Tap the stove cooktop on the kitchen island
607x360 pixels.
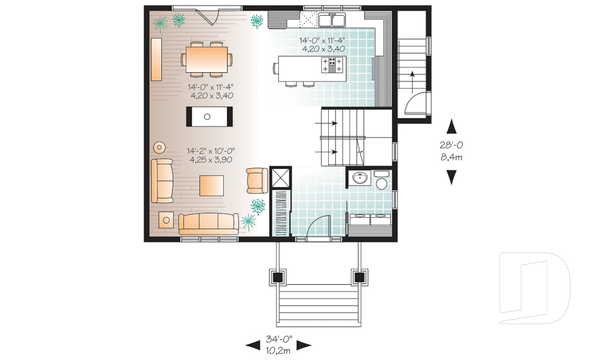pyautogui.click(x=333, y=64)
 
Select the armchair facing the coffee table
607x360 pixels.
pyautogui.click(x=257, y=180)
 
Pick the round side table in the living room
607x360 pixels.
pyautogui.click(x=159, y=147)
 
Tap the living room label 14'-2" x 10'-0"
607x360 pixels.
pyautogui.click(x=211, y=156)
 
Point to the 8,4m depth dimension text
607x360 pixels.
pyautogui.click(x=451, y=157)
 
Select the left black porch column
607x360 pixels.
pyautogui.click(x=277, y=276)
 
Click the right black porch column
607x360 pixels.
pyautogui.click(x=360, y=276)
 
